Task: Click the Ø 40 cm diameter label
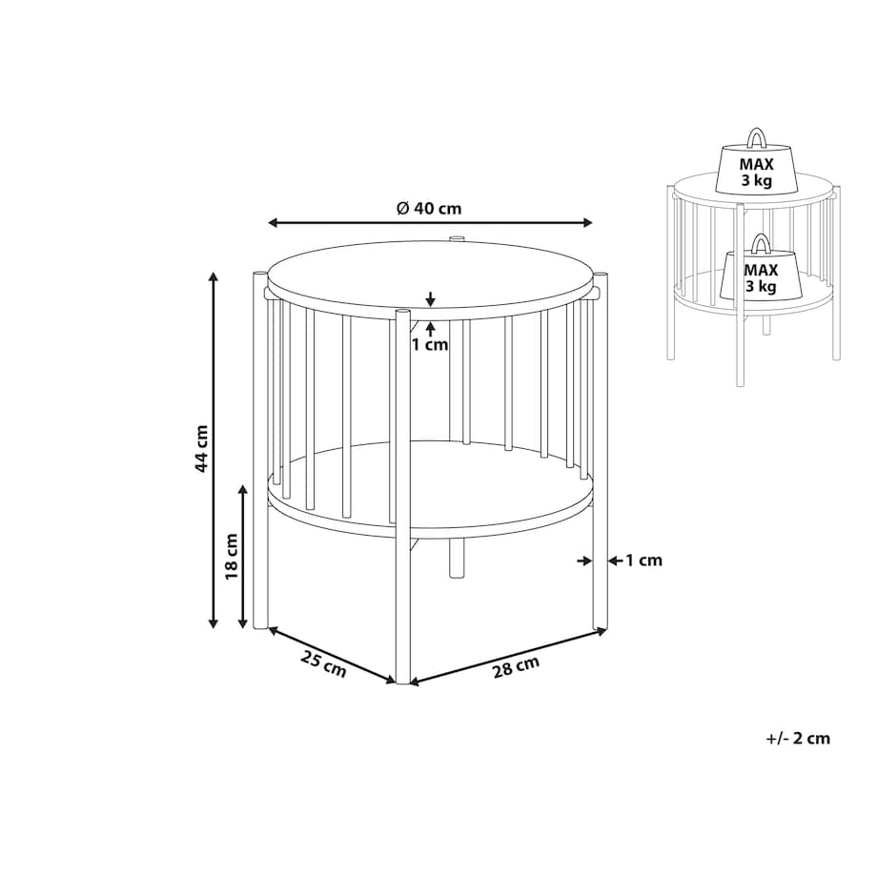pos(429,208)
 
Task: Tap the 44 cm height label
pos(201,448)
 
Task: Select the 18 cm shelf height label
pos(232,557)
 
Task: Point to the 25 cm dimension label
pos(323,663)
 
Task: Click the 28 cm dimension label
pos(516,666)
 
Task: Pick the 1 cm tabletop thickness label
pos(430,344)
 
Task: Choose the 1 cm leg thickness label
pos(643,560)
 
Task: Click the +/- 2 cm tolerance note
pos(798,738)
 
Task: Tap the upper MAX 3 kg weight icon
pos(756,163)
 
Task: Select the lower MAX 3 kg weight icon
pos(762,268)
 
